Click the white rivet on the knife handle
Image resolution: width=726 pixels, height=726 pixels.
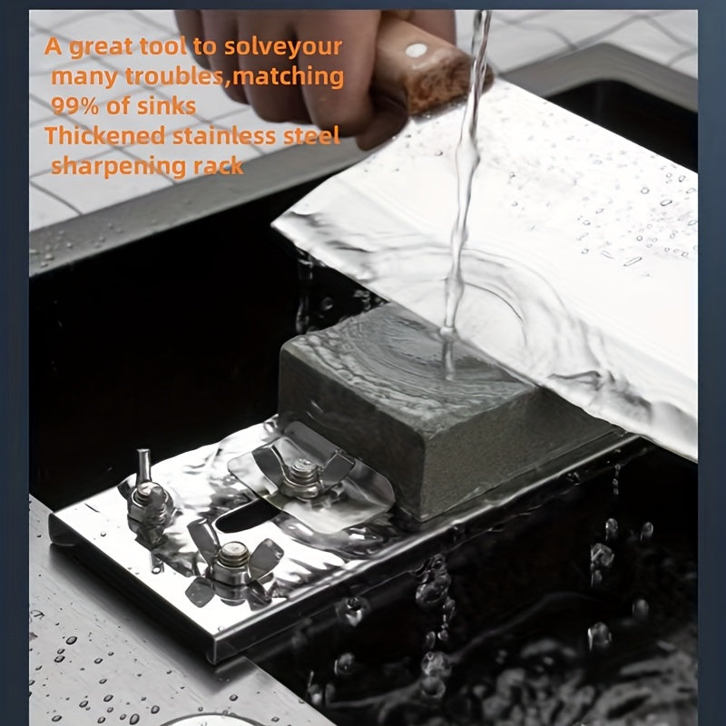click(x=416, y=50)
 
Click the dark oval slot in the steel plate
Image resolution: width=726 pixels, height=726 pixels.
click(x=245, y=517)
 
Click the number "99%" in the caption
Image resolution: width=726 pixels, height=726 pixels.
click(x=75, y=106)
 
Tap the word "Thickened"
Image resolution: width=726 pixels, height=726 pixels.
click(x=105, y=135)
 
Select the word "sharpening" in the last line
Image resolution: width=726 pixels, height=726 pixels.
click(x=118, y=167)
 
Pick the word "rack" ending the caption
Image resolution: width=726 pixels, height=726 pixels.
click(x=218, y=166)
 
